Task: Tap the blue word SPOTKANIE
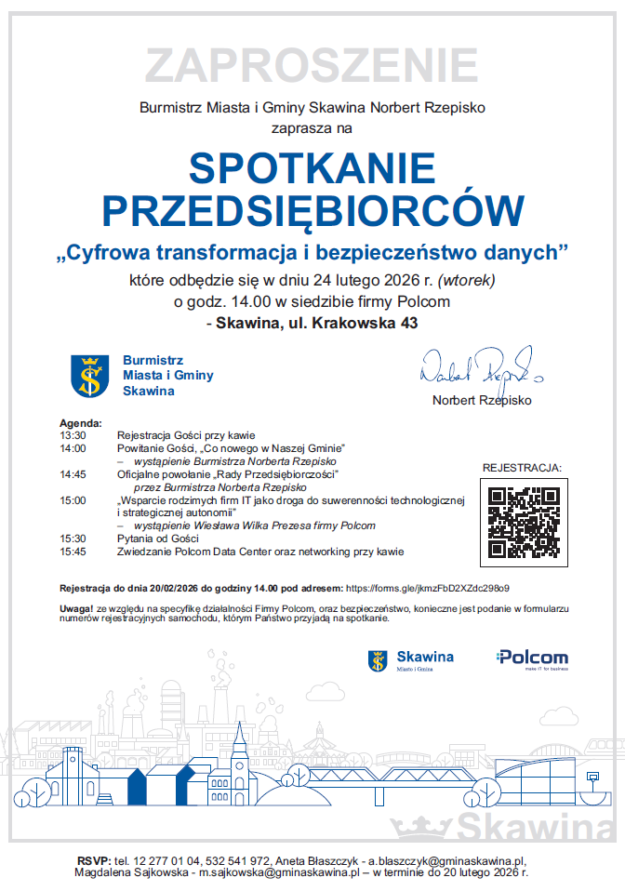[x=312, y=168]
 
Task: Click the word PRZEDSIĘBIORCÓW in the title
[x=312, y=211]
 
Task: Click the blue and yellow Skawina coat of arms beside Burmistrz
[x=90, y=376]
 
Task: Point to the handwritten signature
[x=474, y=369]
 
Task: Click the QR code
[x=523, y=522]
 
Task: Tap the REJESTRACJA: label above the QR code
[x=522, y=467]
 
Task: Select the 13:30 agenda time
[x=73, y=434]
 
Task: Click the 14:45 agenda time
[x=73, y=473]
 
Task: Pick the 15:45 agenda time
[x=73, y=552]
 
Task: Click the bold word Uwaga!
[x=75, y=607]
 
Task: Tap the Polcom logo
[x=532, y=658]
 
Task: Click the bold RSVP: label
[x=94, y=861]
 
